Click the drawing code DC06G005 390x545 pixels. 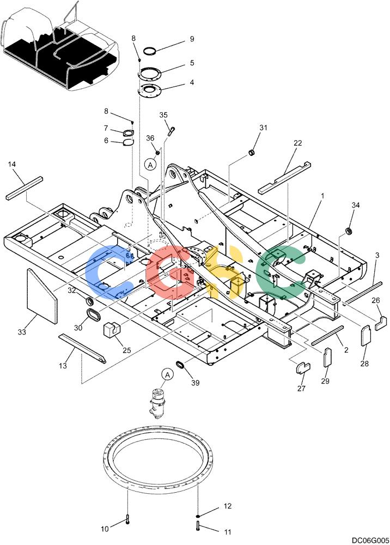click(x=370, y=541)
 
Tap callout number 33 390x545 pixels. click(x=22, y=332)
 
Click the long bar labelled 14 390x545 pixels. click(x=25, y=189)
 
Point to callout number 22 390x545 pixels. click(x=297, y=143)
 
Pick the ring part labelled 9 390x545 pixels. click(x=150, y=50)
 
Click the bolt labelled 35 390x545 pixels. click(x=171, y=132)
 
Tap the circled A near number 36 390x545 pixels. click(x=150, y=165)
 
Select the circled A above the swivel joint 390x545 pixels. click(x=167, y=375)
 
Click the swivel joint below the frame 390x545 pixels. click(x=158, y=404)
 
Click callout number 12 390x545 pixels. click(x=228, y=506)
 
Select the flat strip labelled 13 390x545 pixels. click(x=82, y=349)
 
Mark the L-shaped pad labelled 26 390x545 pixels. click(x=381, y=323)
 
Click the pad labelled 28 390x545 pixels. click(x=366, y=335)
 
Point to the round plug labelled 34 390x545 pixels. click(x=348, y=231)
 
